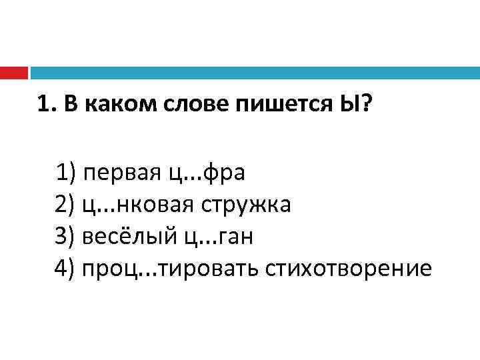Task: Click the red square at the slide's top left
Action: tap(13, 72)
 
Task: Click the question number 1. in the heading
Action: tap(46, 104)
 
